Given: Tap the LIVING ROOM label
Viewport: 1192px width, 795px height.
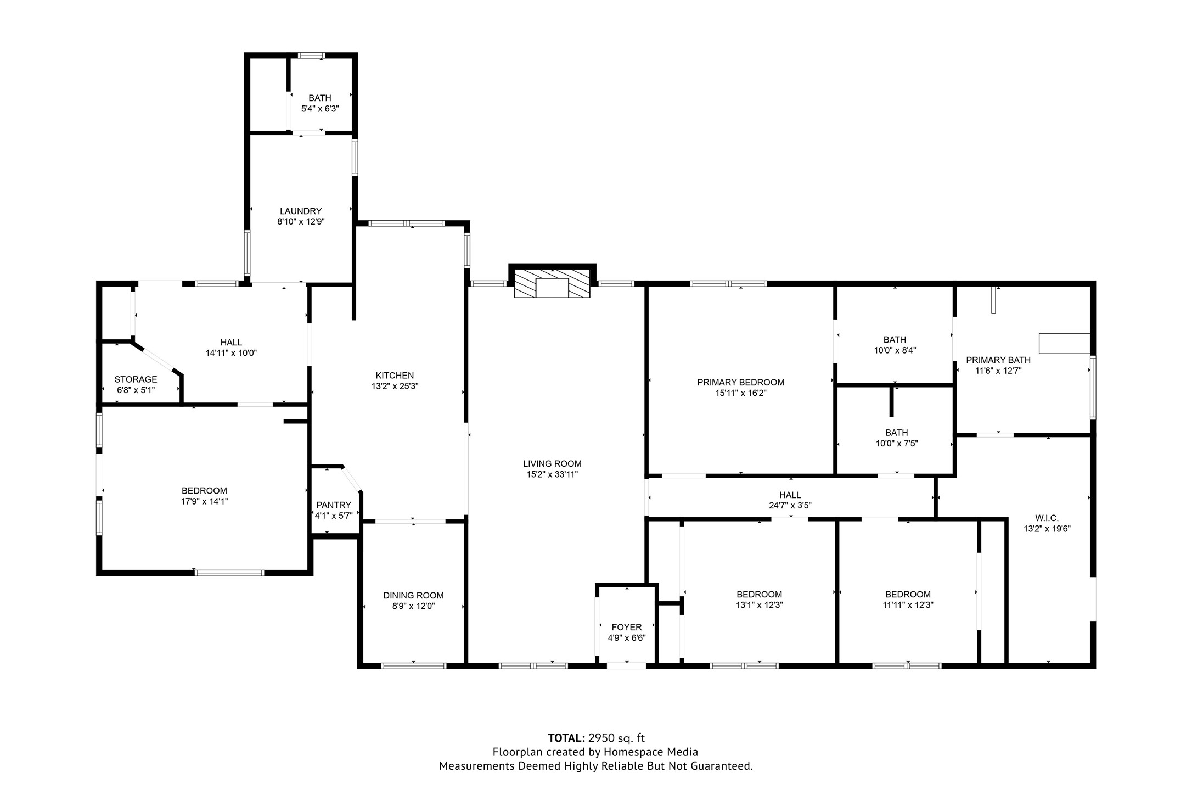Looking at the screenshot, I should tap(552, 464).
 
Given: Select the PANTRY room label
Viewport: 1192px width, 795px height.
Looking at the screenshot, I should tap(334, 505).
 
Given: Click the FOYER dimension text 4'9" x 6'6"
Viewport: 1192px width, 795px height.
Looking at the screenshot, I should tap(626, 638).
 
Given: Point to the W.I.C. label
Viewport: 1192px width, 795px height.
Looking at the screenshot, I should tap(1047, 518).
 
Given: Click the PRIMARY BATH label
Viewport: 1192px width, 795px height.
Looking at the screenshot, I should tap(998, 360).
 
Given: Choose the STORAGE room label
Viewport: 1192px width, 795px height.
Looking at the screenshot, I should tap(136, 379).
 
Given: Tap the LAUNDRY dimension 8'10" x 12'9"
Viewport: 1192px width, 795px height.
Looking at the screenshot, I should tap(301, 222).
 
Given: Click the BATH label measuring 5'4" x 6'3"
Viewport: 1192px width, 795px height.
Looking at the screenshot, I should tap(319, 98).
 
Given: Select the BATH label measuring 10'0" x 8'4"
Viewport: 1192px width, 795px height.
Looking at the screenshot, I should tap(895, 340).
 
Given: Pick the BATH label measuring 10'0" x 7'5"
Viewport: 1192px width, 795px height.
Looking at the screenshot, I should tap(896, 433).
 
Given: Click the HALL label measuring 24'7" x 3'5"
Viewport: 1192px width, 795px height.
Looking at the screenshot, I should tap(790, 495).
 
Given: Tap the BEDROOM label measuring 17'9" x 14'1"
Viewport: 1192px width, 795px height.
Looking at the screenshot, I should tap(204, 491).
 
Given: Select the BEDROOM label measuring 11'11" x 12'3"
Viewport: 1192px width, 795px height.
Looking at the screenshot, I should tap(908, 594).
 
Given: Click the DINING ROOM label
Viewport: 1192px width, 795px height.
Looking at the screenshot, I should tap(413, 595).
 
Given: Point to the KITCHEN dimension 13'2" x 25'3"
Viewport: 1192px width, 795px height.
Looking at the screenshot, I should tap(395, 386).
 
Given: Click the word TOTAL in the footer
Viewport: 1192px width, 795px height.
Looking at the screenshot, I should tap(566, 738).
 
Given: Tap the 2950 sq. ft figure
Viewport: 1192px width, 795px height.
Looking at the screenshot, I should tap(616, 738).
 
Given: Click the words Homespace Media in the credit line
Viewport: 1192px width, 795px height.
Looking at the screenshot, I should tap(650, 752).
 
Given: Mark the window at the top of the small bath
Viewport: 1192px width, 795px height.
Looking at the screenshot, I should tap(311, 55).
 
